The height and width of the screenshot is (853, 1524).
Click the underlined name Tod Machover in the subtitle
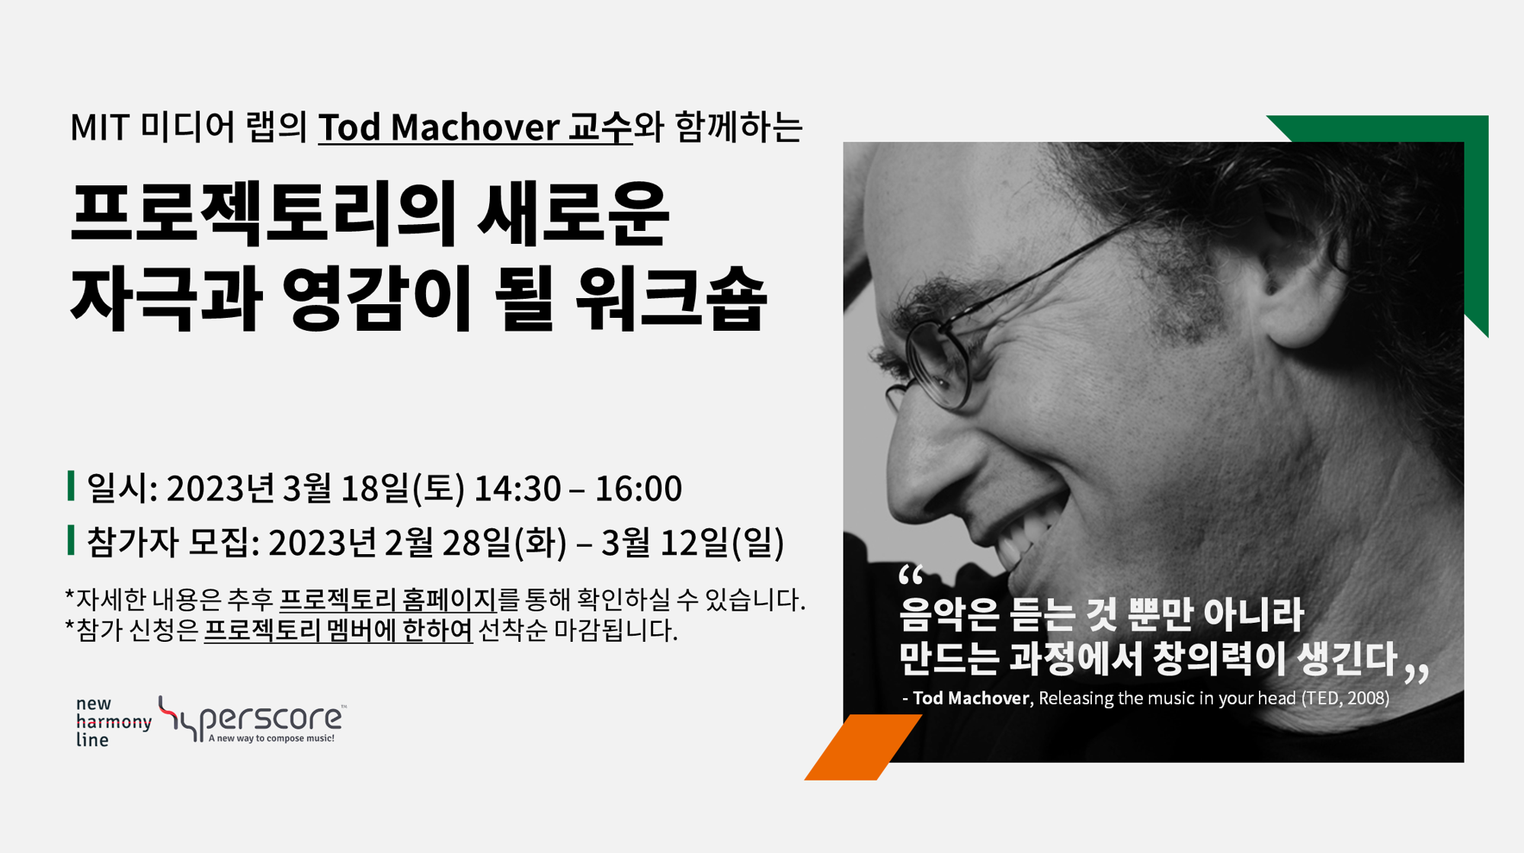(x=439, y=127)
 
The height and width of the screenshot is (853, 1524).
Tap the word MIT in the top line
(x=99, y=127)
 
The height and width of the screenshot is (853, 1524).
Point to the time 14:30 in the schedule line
(x=517, y=489)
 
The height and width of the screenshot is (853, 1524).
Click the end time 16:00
(x=638, y=489)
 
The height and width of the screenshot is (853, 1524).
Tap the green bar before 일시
(x=71, y=486)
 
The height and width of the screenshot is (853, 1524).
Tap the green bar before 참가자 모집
(x=71, y=540)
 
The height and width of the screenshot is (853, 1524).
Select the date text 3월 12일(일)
(x=693, y=543)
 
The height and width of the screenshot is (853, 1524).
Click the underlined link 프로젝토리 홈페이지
(x=388, y=600)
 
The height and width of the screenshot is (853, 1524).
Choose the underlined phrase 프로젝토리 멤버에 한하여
(x=338, y=630)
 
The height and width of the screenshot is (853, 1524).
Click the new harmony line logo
(x=113, y=721)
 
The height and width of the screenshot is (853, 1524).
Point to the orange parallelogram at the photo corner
(x=863, y=748)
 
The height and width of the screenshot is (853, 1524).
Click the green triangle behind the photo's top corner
(x=1448, y=175)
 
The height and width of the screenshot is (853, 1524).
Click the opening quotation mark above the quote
(x=911, y=575)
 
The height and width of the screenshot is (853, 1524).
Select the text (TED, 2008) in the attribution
(x=1345, y=698)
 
